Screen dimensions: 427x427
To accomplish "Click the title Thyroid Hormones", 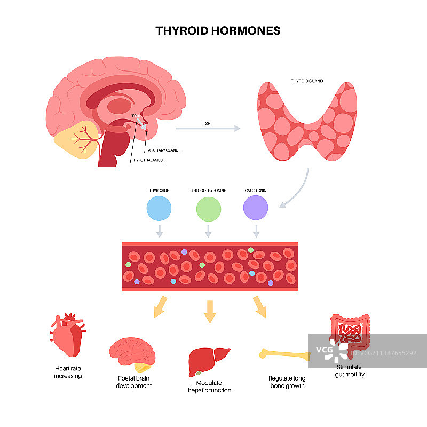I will click(x=218, y=30).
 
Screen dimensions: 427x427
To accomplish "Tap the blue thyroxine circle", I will click(x=159, y=208).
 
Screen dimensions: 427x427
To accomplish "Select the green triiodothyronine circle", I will click(x=208, y=208).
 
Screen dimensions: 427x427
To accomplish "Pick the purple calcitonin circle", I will click(x=256, y=208).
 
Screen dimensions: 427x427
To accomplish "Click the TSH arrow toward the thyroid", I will click(x=208, y=129).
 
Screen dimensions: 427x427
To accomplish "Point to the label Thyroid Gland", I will click(x=306, y=81).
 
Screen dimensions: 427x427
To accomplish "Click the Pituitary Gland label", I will click(x=163, y=151).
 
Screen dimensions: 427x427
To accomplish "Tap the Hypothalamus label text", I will click(x=148, y=160).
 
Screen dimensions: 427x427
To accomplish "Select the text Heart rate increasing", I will click(x=68, y=372).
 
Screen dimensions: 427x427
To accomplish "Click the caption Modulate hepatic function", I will click(x=209, y=386).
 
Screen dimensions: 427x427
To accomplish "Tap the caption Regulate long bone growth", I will click(x=287, y=382).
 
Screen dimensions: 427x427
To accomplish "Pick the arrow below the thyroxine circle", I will click(x=159, y=231).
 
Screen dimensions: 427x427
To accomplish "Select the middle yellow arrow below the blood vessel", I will click(x=210, y=311).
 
